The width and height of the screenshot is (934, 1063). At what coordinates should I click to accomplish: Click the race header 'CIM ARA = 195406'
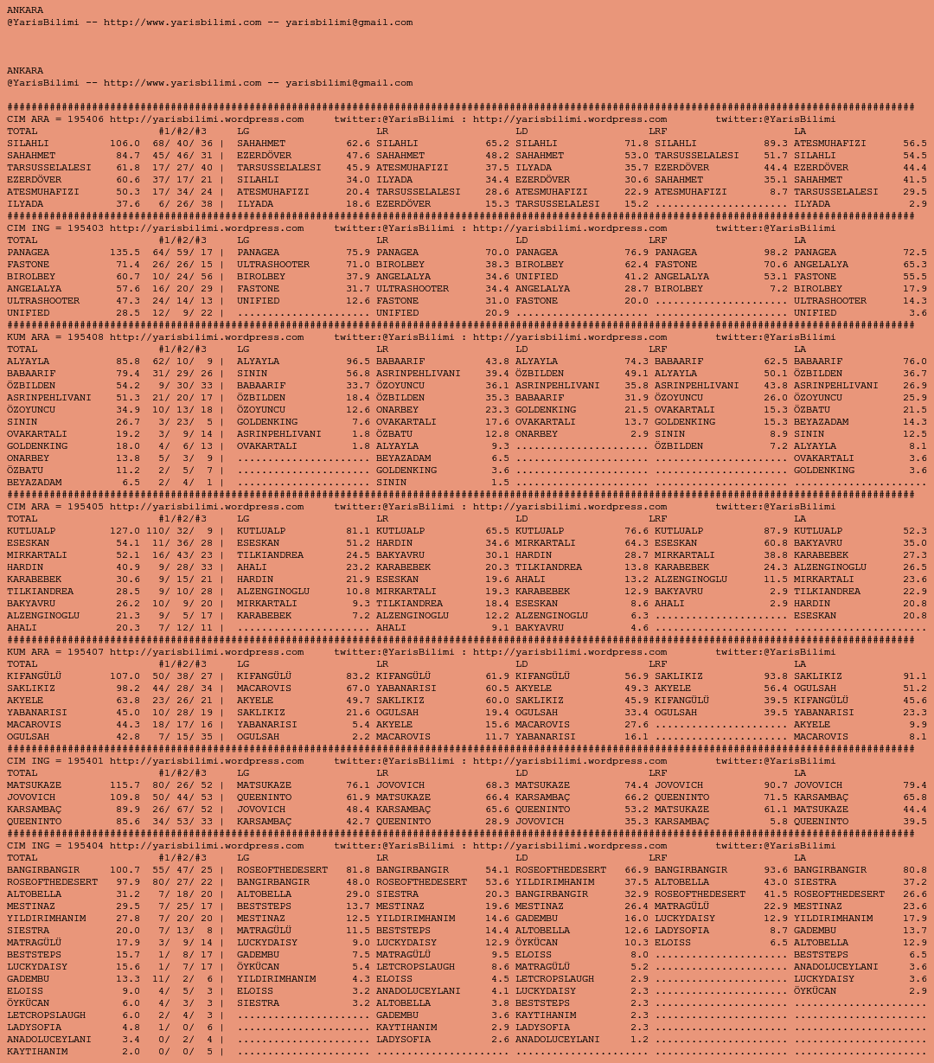tap(55, 119)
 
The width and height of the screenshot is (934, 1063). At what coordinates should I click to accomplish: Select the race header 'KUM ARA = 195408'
tap(55, 337)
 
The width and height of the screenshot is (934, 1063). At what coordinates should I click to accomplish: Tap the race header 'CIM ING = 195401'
tap(55, 761)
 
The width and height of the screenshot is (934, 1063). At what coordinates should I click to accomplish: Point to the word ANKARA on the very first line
tap(25, 10)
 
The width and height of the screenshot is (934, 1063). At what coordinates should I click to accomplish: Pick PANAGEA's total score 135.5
tap(125, 253)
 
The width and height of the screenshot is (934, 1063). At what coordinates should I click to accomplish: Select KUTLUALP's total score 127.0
tap(125, 531)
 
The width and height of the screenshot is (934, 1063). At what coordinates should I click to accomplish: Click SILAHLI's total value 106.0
tap(125, 144)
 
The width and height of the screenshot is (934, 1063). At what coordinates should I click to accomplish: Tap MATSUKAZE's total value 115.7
tap(125, 785)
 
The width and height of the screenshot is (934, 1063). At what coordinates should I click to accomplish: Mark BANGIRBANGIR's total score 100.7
tap(125, 870)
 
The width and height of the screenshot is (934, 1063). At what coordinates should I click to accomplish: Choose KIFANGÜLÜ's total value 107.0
tap(125, 676)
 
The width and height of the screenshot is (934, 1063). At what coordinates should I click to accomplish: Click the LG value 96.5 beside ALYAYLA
tap(358, 362)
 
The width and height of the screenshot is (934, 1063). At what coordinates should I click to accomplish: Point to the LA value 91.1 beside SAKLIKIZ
tap(914, 676)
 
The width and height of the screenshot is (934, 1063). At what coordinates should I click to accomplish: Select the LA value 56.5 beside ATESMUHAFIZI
tap(914, 144)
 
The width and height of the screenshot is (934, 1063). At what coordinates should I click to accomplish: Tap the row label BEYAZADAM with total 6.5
tap(35, 483)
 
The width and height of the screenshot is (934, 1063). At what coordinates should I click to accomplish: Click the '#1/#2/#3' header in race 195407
tap(182, 664)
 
